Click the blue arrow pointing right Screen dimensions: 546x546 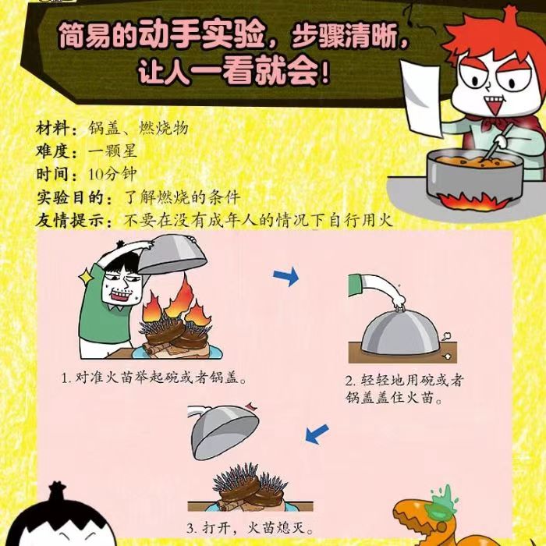(286, 276)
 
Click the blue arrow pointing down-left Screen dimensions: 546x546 (317, 434)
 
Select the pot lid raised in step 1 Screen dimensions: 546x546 (172, 253)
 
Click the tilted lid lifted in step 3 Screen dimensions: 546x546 (223, 430)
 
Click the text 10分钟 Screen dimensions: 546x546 (112, 175)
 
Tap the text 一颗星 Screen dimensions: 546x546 (112, 151)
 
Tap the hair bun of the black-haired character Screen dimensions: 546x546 (58, 491)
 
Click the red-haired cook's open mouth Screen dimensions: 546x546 (495, 105)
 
